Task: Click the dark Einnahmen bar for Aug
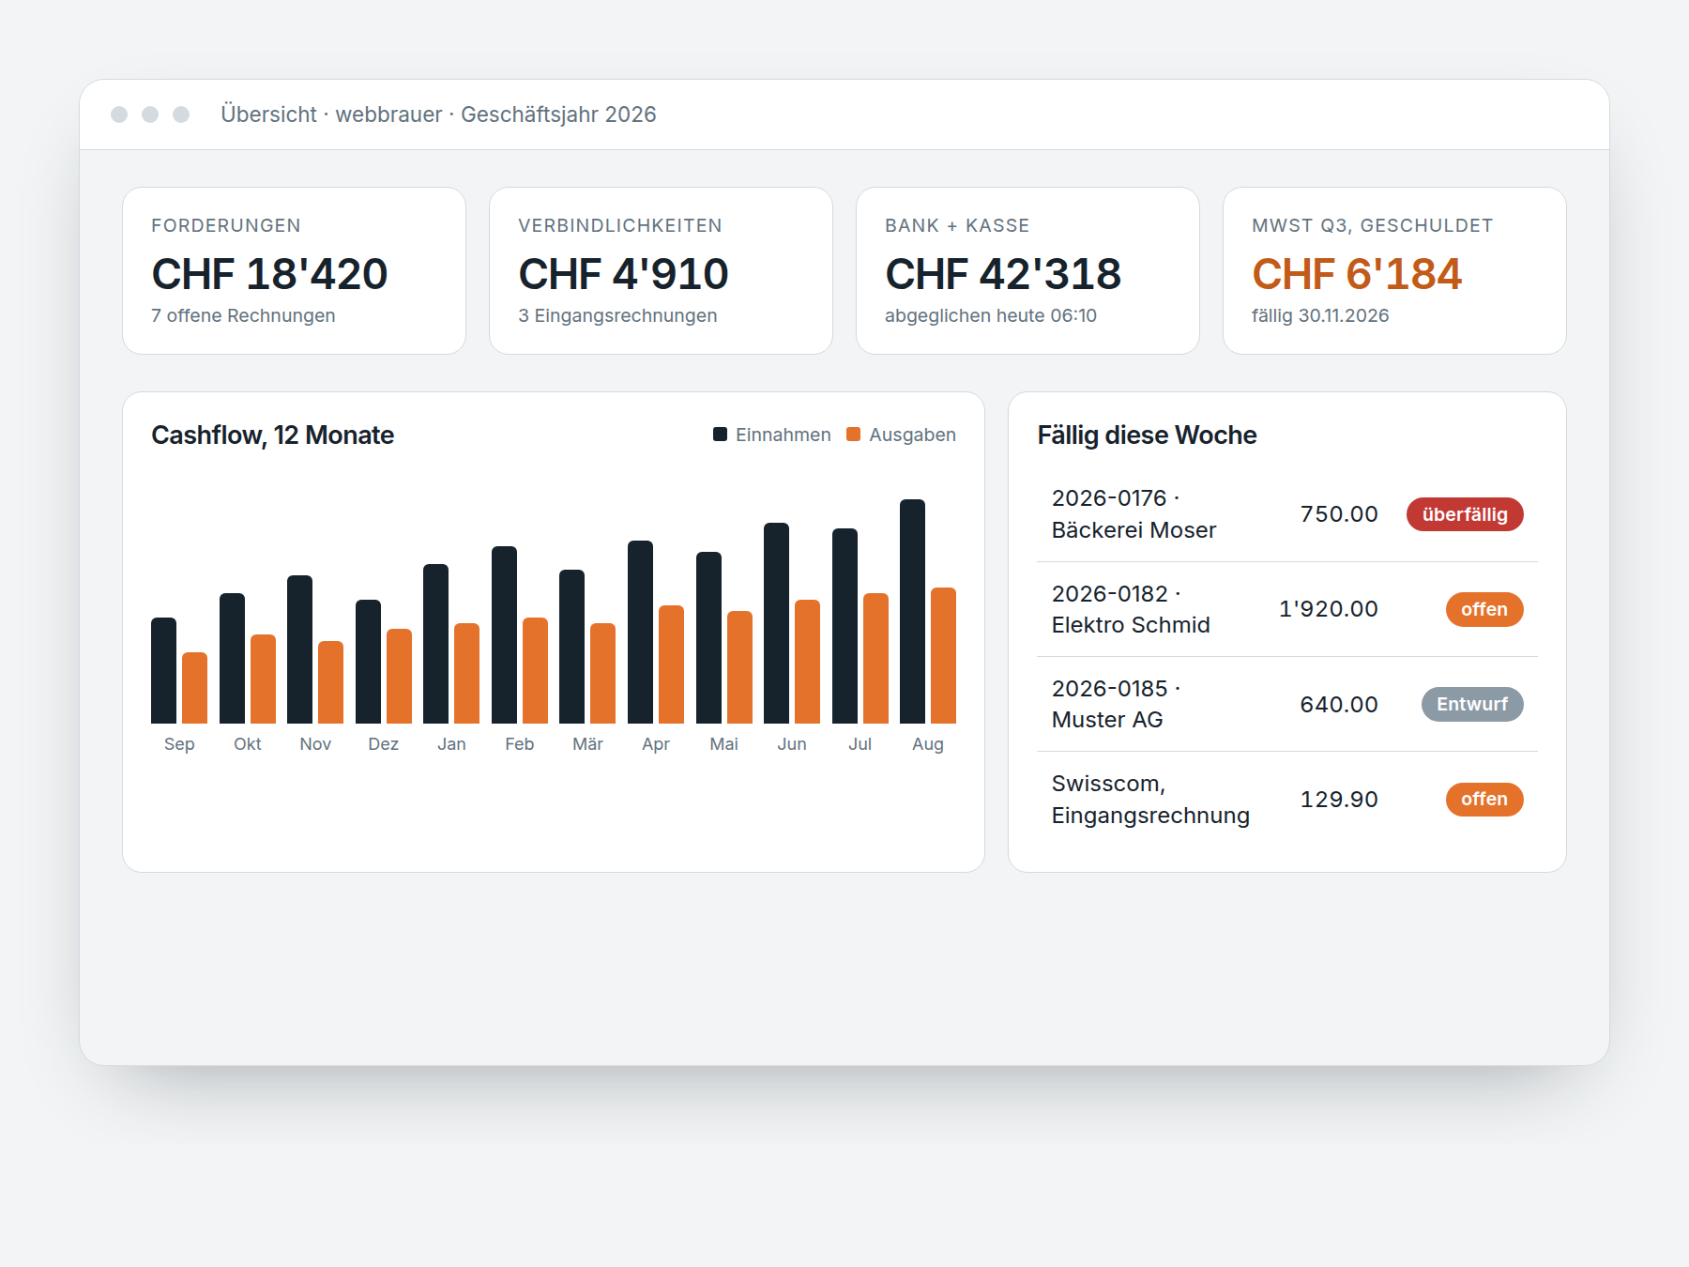click(x=912, y=611)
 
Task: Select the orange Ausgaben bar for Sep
click(x=194, y=688)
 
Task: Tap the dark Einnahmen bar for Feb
click(x=504, y=634)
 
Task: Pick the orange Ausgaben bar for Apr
click(x=671, y=664)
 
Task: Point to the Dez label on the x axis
click(x=383, y=744)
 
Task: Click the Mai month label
click(x=723, y=744)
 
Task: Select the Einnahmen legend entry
click(x=772, y=435)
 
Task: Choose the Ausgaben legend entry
click(x=901, y=435)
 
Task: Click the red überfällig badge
click(x=1465, y=514)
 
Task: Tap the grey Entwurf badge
click(x=1472, y=704)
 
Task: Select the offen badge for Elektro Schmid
click(x=1484, y=609)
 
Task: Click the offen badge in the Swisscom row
click(x=1484, y=799)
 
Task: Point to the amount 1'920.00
click(x=1329, y=609)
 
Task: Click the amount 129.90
click(x=1339, y=800)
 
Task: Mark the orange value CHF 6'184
click(x=1357, y=274)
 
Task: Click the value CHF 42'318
click(x=1003, y=274)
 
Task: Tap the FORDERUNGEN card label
click(x=226, y=225)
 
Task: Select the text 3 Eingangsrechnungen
click(x=617, y=315)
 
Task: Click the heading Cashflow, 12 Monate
click(x=272, y=435)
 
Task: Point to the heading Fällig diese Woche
click(x=1147, y=435)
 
